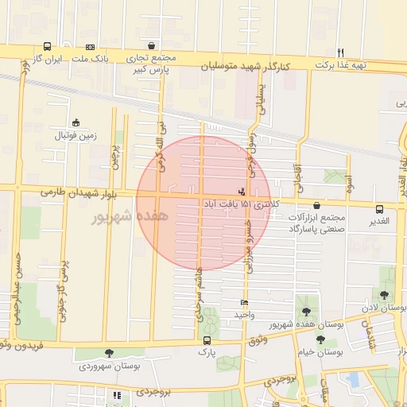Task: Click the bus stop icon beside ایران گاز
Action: pos(48,47)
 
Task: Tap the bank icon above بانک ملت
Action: pos(90,47)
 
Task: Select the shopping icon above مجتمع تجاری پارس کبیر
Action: pos(151,46)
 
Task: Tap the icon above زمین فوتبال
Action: pos(76,122)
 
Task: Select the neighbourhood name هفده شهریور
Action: pos(130,216)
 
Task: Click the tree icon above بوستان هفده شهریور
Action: pos(305,312)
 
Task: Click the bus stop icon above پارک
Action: pos(207,340)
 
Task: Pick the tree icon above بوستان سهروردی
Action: pos(109,354)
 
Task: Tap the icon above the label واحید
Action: pos(244,303)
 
